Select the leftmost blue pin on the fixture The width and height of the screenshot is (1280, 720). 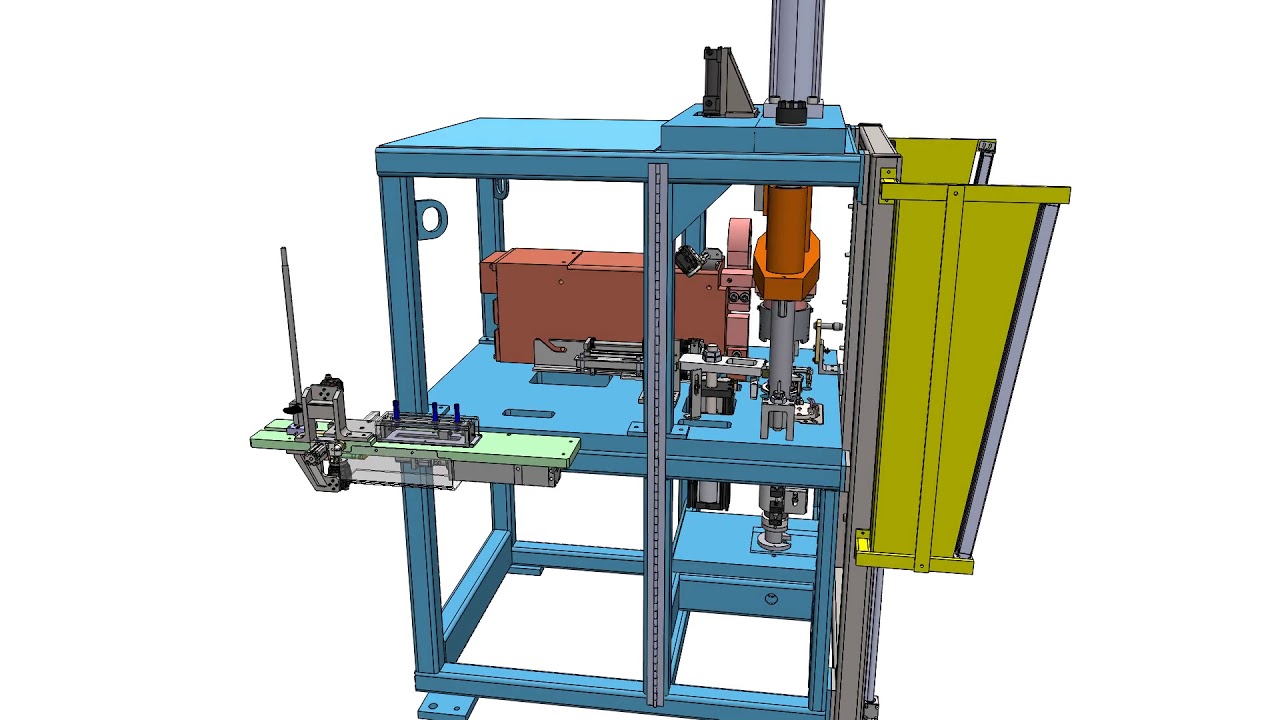point(396,410)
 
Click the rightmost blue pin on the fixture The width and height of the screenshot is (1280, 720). point(457,413)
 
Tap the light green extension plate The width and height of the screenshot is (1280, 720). point(520,451)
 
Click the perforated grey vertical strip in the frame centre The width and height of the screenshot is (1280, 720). point(656,430)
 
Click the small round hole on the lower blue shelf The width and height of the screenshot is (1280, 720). point(771,599)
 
